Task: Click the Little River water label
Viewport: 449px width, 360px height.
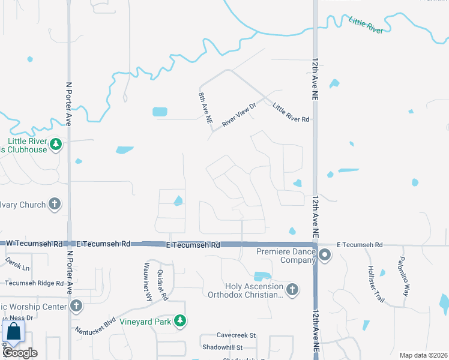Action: click(366, 26)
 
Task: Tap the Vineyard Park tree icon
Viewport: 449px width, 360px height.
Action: click(179, 322)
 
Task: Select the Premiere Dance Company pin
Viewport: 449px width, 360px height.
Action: click(325, 256)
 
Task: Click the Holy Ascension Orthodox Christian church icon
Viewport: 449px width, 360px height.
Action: click(292, 290)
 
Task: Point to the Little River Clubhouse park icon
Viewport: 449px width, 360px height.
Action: click(56, 145)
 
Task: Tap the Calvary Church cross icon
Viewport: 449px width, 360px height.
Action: click(55, 205)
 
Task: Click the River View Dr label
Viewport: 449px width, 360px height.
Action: click(239, 114)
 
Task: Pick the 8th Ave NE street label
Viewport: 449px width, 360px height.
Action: click(205, 108)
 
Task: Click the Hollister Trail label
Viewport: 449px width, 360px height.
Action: click(372, 281)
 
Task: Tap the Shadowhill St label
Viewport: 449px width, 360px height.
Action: click(222, 347)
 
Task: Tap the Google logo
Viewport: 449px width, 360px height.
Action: click(20, 353)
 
